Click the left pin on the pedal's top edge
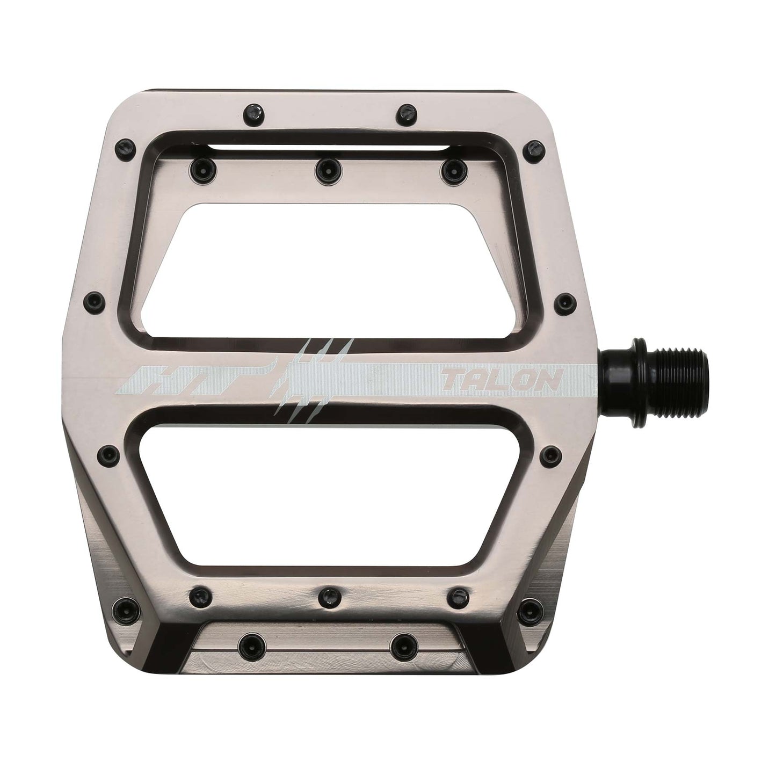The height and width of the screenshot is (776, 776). [251, 113]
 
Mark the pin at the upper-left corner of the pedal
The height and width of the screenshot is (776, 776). [125, 145]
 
